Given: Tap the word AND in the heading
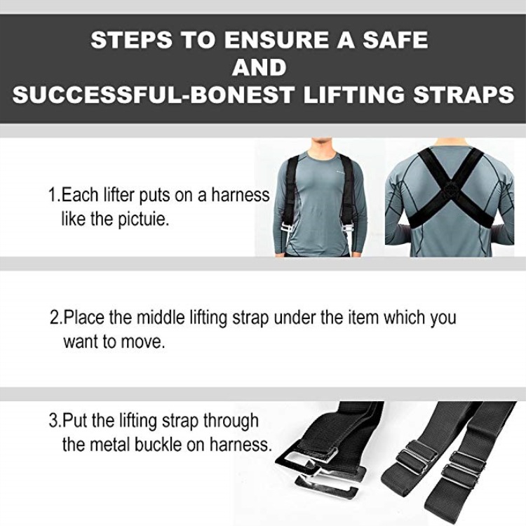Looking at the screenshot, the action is click(x=259, y=67).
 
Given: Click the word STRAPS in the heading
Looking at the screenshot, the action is click(x=464, y=95).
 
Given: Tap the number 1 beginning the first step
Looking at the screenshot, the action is click(x=53, y=194).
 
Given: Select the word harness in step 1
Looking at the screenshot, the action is click(x=240, y=195).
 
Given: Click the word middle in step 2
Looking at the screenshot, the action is click(x=161, y=317).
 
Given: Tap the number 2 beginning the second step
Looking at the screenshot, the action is click(x=54, y=317).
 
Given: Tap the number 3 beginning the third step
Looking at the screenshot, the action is click(x=54, y=421).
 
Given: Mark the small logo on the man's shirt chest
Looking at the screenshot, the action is click(x=341, y=173).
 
